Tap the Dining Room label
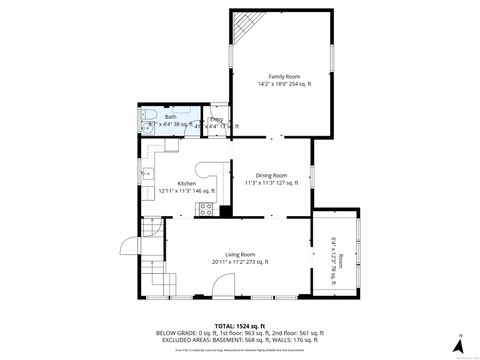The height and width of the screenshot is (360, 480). pyautogui.click(x=272, y=175)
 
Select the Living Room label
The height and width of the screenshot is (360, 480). pyautogui.click(x=240, y=254)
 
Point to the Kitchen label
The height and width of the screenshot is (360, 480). pyautogui.click(x=187, y=183)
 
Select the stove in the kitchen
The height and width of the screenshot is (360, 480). pyautogui.click(x=206, y=209)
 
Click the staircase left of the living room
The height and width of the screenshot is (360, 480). pyautogui.click(x=150, y=236)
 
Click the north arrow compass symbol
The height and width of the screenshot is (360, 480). pyautogui.click(x=459, y=337)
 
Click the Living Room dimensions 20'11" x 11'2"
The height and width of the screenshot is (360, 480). pyautogui.click(x=240, y=262)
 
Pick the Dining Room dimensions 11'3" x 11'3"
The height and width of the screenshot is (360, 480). pyautogui.click(x=272, y=183)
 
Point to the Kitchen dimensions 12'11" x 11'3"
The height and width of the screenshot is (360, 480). pyautogui.click(x=187, y=190)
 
